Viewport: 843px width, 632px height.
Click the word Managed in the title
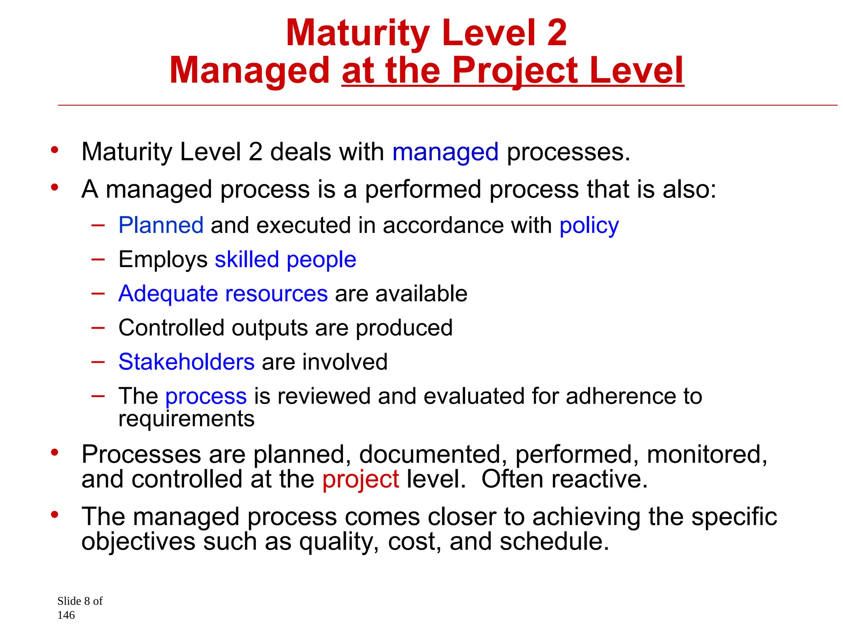pos(249,71)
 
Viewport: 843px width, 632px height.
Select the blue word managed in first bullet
pos(445,152)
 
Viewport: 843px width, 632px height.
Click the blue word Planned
pos(161,225)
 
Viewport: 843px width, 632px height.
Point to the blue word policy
pos(589,226)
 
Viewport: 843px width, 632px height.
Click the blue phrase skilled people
pos(285,260)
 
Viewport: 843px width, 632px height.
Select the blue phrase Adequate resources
pos(223,294)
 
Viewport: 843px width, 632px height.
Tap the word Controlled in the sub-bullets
pos(171,328)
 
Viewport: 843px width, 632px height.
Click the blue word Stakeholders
pos(186,362)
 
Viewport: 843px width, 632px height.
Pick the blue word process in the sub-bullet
pos(206,397)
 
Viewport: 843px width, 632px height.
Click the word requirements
pos(186,419)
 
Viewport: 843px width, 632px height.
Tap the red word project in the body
pos(361,480)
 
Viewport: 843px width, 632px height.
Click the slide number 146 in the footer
pos(66,615)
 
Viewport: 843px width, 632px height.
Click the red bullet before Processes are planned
pos(55,453)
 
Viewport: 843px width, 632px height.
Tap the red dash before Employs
pos(98,259)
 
